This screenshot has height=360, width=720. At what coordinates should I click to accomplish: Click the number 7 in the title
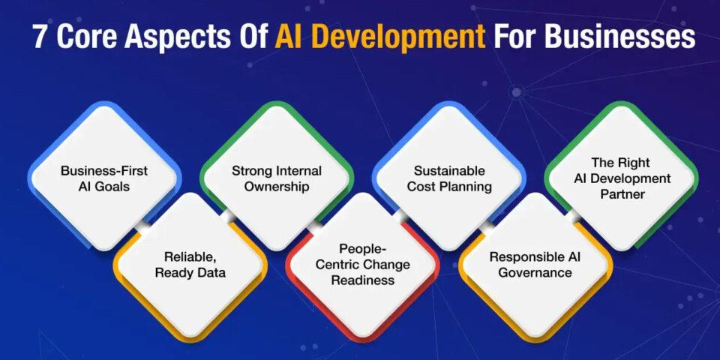coord(40,37)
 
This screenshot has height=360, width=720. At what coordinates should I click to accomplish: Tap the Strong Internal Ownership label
coord(276,178)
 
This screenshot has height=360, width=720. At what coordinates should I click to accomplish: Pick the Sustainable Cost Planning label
coord(448,178)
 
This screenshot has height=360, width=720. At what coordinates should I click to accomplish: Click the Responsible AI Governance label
coord(535,264)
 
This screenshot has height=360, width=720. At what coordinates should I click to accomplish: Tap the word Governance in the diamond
coord(535,272)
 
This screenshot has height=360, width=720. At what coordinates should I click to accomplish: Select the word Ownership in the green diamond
coord(276,186)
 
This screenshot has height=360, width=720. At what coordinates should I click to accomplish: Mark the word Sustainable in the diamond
coord(448,171)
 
